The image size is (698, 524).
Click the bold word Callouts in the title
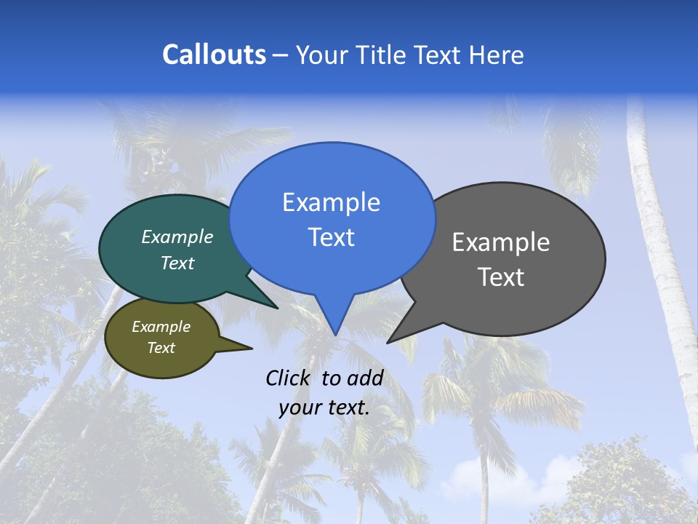point(214,55)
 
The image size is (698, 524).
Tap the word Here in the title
point(496,55)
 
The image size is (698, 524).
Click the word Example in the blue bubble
point(331,202)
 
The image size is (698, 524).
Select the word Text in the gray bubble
point(501,277)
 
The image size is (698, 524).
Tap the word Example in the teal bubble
point(177,237)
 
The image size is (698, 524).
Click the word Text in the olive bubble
point(161,348)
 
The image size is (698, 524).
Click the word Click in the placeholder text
point(287,378)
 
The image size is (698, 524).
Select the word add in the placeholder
point(364,378)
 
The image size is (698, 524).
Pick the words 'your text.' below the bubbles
point(324,408)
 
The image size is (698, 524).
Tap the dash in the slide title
point(281,55)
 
